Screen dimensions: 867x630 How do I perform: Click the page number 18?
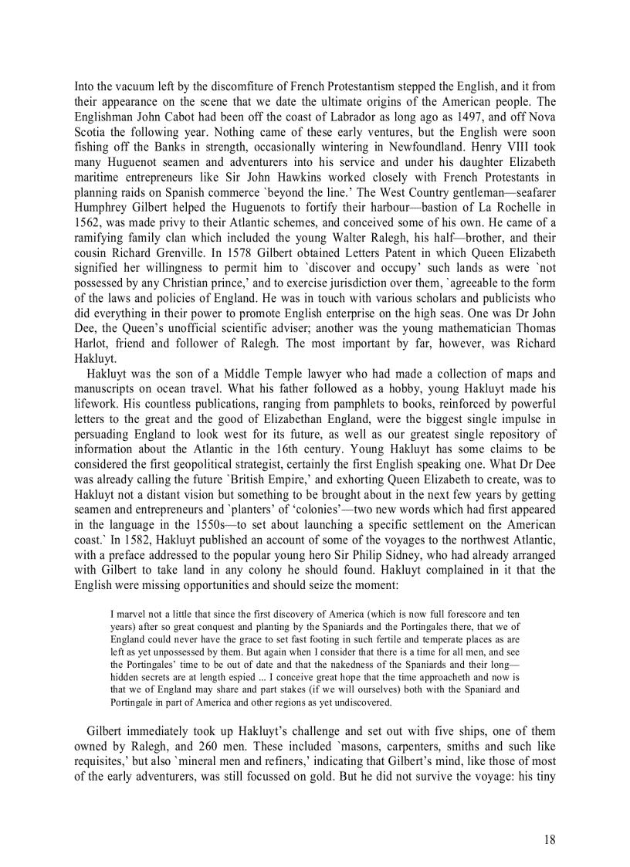(549, 840)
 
